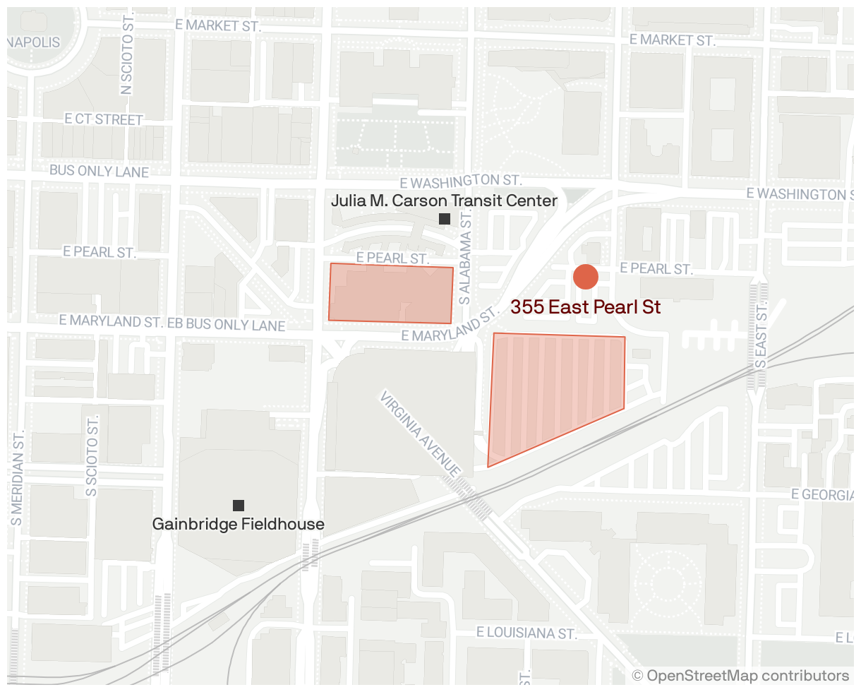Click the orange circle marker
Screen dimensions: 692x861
(586, 277)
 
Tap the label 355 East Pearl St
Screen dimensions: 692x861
(585, 307)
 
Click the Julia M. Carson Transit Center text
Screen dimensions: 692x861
(444, 201)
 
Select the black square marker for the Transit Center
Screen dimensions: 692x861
(445, 219)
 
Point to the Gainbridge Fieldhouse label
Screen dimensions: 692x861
(239, 524)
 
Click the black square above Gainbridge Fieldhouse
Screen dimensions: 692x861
(239, 505)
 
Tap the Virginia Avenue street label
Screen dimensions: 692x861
(421, 434)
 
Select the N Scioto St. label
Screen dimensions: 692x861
(127, 66)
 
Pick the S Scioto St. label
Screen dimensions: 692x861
(92, 455)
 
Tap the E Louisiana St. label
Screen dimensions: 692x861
(526, 632)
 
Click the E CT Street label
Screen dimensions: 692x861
(104, 119)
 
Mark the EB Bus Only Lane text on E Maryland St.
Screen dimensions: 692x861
(226, 325)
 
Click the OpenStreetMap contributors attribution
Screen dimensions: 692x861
(740, 676)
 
